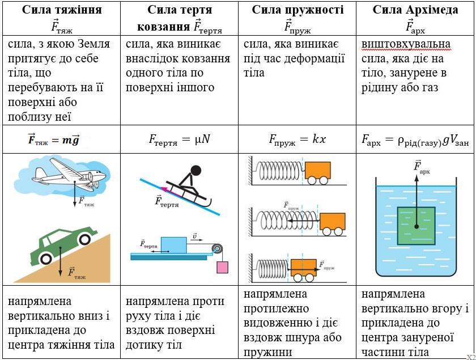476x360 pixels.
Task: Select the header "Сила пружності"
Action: [297, 10]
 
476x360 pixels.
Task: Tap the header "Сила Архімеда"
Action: [415, 10]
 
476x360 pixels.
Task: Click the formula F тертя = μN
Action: [178, 139]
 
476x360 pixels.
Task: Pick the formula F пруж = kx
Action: [297, 139]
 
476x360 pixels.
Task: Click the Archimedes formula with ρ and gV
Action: [415, 139]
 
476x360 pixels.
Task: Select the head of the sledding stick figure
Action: [196, 170]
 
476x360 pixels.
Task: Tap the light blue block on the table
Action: [174, 245]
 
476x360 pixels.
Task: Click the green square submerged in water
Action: [416, 226]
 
